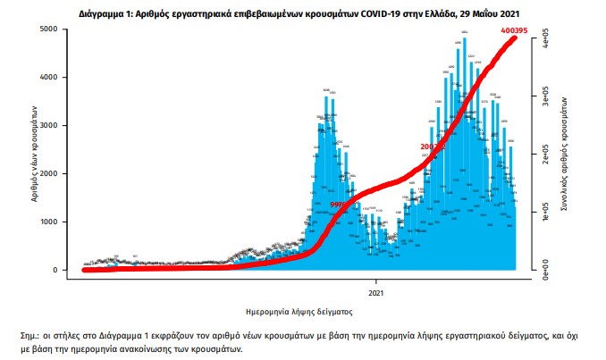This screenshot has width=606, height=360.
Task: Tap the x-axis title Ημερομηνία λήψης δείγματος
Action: [x=299, y=313]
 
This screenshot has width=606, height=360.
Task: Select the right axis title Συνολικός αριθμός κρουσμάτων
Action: [x=567, y=153]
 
